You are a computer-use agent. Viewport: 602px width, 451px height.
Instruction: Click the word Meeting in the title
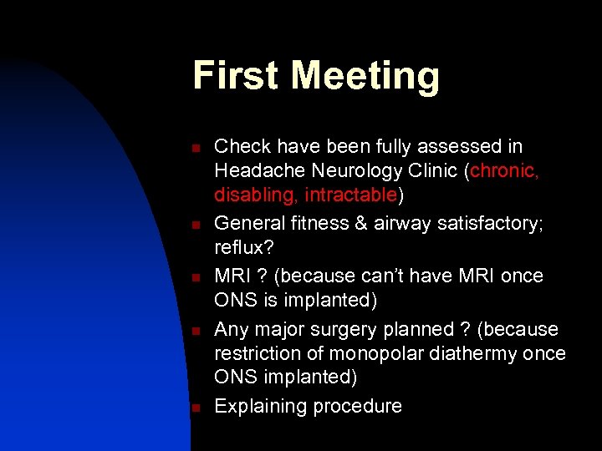[x=365, y=77]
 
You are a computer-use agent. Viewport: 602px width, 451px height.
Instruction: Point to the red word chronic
[x=504, y=171]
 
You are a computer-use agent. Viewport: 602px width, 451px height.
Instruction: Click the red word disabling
[x=256, y=196]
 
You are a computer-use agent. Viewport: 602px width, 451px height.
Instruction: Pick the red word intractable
[x=350, y=196]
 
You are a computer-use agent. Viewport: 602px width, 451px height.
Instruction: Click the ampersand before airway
[x=366, y=224]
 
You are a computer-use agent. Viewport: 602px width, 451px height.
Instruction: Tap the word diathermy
[x=477, y=353]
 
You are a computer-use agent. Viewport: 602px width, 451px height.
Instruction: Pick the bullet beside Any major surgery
[x=194, y=330]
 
